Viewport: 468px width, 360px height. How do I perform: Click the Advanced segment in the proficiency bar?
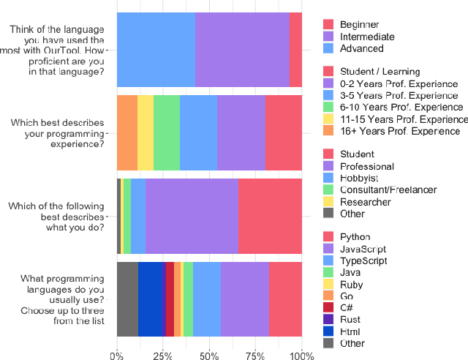[156, 50]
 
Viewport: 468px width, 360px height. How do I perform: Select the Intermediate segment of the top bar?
[242, 50]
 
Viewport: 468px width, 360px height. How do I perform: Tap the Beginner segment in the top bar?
[295, 50]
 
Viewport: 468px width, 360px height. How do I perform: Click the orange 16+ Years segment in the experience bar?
[127, 133]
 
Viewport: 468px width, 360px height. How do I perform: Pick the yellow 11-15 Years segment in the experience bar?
[145, 133]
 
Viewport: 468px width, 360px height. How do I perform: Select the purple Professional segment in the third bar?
[192, 216]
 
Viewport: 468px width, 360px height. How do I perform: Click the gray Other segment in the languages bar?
[127, 299]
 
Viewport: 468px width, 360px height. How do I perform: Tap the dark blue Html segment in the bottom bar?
[150, 299]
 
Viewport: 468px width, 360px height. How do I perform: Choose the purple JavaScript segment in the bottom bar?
[244, 299]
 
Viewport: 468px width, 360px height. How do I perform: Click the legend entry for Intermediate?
[366, 37]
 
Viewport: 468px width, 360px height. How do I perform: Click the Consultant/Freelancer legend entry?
[388, 190]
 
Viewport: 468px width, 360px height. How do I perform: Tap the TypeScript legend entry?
[363, 260]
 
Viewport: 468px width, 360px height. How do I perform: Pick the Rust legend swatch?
[329, 320]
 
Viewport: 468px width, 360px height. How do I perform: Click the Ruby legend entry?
[351, 284]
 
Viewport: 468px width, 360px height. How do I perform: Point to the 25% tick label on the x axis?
[162, 356]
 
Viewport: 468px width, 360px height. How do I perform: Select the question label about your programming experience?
[58, 133]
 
